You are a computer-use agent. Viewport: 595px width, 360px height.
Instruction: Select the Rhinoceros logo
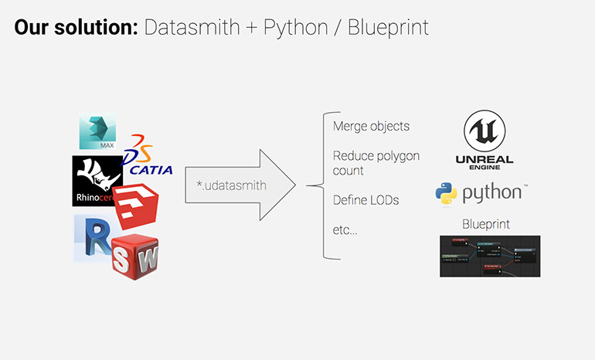[x=95, y=181]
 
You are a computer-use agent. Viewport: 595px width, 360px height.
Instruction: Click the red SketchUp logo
[x=137, y=207]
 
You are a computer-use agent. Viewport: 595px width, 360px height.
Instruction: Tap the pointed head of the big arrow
[x=278, y=185]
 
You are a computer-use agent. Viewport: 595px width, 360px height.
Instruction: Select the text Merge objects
[x=371, y=126]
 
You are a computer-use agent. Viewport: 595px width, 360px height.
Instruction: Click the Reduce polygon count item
[x=376, y=163]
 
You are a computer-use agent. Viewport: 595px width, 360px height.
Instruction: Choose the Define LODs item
[x=365, y=200]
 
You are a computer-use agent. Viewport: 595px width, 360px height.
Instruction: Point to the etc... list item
[x=345, y=230]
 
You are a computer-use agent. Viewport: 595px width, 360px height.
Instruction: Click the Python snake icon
[x=447, y=194]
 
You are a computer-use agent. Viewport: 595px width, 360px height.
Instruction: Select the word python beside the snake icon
[x=492, y=194]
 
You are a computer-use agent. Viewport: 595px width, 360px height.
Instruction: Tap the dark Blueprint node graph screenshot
[x=489, y=256]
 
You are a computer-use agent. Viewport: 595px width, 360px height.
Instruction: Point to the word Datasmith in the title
[x=193, y=29]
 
